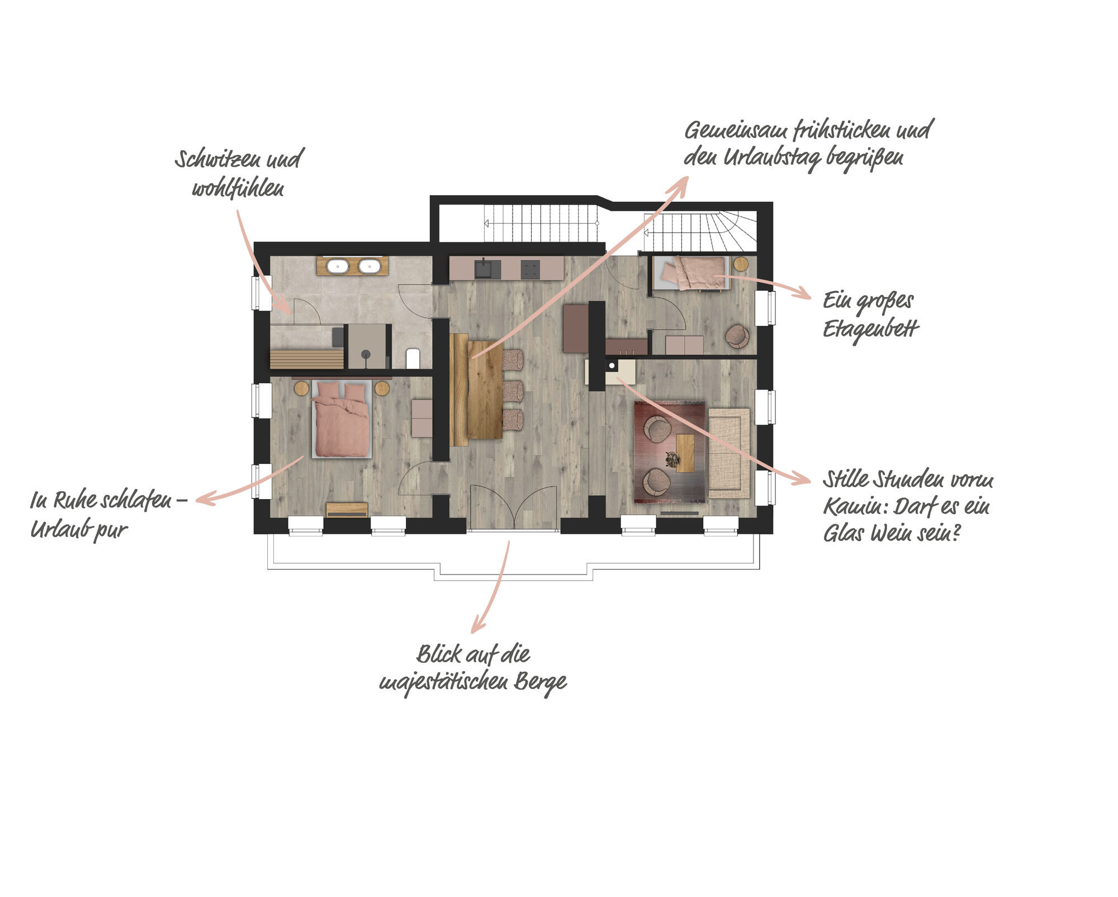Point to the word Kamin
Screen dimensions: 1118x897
click(x=855, y=507)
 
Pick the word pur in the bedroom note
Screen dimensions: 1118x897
click(x=111, y=530)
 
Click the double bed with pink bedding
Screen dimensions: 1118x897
click(x=342, y=419)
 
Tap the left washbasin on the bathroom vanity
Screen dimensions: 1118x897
click(x=338, y=267)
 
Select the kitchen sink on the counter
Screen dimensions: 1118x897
click(x=488, y=269)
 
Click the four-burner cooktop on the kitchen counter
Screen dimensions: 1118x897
click(x=530, y=270)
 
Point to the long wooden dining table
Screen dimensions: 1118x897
click(x=484, y=390)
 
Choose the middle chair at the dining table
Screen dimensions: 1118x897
click(x=513, y=391)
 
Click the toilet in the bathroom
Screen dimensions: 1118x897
click(x=413, y=358)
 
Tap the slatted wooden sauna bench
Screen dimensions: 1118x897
click(x=306, y=359)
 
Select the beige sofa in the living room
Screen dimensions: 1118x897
click(x=729, y=453)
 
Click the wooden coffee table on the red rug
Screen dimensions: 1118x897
click(x=685, y=453)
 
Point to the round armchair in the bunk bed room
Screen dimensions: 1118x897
click(x=737, y=336)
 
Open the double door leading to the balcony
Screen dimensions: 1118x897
click(x=514, y=507)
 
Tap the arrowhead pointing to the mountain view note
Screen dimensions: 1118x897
click(x=478, y=624)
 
